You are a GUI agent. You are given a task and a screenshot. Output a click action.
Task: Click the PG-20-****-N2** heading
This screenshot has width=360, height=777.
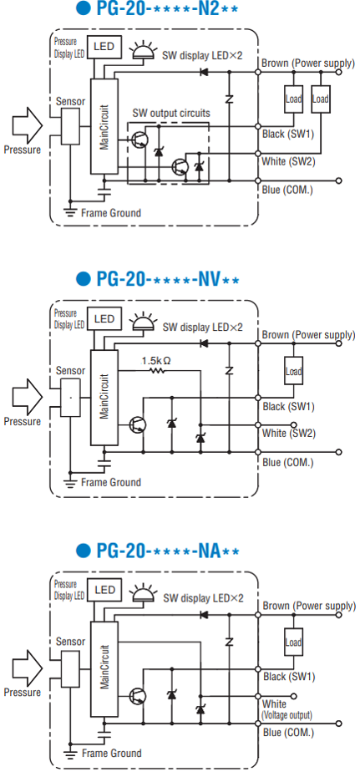[158, 10]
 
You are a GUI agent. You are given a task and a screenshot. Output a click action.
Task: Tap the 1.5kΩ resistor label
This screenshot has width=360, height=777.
[156, 361]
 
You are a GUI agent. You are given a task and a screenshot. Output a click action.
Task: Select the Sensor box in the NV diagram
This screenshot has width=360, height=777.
[70, 398]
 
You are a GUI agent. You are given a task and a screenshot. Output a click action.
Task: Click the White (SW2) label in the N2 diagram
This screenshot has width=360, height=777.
[288, 162]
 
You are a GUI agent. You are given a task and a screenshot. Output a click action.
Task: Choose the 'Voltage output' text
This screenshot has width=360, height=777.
[287, 715]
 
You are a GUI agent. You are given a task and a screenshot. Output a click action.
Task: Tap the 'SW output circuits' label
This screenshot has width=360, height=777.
[171, 114]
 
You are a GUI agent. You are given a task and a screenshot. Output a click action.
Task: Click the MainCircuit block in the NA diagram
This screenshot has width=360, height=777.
[104, 669]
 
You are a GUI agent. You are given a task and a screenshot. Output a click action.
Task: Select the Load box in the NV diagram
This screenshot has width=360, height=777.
[294, 371]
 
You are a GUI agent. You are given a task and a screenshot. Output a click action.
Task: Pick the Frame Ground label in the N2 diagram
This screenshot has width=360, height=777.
[111, 213]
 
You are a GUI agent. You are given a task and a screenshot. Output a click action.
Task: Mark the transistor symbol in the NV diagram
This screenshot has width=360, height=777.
[137, 424]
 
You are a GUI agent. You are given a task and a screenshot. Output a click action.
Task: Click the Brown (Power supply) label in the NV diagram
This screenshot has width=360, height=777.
[308, 336]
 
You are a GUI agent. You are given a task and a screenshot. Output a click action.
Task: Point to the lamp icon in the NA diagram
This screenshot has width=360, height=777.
[144, 592]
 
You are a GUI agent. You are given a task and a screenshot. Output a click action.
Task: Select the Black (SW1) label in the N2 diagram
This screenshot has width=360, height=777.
[287, 135]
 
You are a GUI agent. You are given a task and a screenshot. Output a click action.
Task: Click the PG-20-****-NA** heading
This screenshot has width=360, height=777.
[158, 550]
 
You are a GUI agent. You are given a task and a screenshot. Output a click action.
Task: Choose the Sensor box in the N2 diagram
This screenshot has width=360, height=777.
[70, 126]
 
